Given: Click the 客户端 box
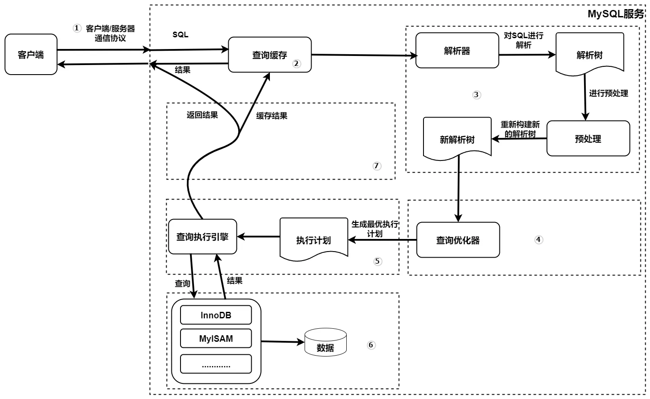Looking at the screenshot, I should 31,55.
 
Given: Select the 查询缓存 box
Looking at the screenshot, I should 269,55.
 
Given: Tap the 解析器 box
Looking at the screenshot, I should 457,51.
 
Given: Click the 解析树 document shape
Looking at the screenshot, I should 589,54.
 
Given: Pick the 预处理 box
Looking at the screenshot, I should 588,139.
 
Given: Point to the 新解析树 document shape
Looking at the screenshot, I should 457,138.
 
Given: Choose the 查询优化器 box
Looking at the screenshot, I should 458,240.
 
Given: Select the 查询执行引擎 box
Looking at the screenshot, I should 202,237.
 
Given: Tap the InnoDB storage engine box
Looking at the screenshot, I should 216,315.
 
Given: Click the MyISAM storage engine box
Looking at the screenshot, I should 216,339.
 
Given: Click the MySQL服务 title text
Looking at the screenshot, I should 615,14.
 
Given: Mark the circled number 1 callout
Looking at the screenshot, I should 77,28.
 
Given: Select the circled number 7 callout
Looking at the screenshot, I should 376,166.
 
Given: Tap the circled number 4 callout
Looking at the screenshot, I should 538,239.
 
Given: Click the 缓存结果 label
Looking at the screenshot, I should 272,116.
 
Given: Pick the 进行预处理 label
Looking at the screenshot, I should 608,93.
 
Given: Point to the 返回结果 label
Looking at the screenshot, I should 202,115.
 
